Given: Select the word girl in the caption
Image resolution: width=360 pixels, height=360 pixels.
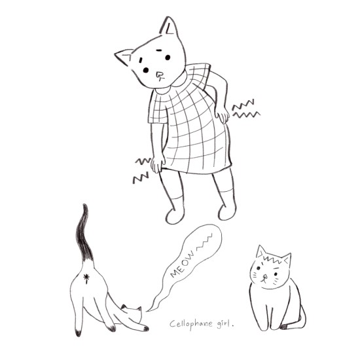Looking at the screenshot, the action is point(223,324).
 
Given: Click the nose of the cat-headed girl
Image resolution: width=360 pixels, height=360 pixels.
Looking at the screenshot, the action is point(159,75).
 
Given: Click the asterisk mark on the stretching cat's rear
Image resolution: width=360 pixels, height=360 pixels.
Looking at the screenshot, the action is point(86,278).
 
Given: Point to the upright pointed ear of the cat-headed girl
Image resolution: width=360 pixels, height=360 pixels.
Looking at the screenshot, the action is point(170,26).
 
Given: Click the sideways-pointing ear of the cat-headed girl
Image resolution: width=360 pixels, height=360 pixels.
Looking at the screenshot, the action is point(124,57).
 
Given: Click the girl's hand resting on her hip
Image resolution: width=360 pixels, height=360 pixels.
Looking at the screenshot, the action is point(222,117).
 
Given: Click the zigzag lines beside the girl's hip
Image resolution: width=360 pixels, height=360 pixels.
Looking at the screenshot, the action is point(245,109).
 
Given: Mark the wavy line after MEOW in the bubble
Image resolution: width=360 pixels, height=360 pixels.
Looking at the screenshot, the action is point(205,242).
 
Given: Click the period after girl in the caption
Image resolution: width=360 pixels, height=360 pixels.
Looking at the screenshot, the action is point(233,325).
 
